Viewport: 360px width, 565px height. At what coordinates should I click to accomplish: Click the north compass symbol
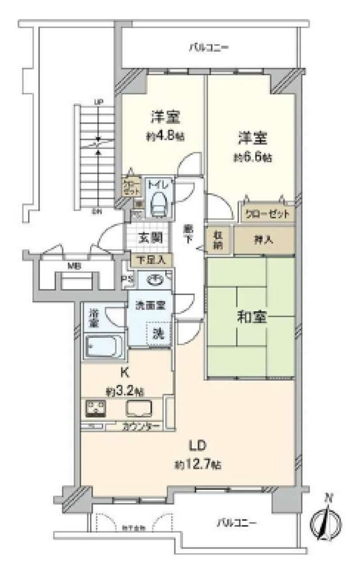click(x=326, y=522)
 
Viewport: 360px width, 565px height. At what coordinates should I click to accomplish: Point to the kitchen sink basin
click(x=139, y=408)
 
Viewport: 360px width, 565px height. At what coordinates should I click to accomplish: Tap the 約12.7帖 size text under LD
click(x=198, y=465)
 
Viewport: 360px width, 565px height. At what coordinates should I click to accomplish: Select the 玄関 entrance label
click(x=150, y=238)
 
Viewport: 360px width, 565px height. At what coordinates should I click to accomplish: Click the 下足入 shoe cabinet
click(x=151, y=260)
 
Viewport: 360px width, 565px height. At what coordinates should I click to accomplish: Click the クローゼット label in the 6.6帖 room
click(x=267, y=214)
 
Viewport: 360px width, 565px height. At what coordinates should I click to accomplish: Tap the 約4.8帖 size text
click(x=165, y=136)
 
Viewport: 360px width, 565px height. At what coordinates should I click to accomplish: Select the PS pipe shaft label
click(x=129, y=279)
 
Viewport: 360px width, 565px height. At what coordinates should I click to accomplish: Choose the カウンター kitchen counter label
click(x=141, y=427)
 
